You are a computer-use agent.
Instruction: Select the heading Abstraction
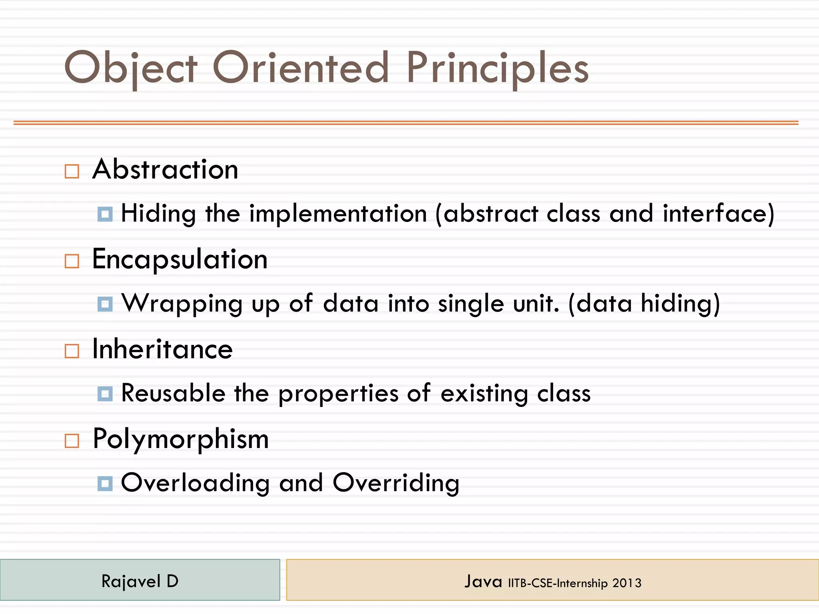click(165, 169)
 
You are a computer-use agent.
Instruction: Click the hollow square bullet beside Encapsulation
click(72, 261)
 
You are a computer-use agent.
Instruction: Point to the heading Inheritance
click(162, 349)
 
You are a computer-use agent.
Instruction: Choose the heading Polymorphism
click(180, 439)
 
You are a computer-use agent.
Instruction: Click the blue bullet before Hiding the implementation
click(105, 214)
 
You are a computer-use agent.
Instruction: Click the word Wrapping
click(182, 304)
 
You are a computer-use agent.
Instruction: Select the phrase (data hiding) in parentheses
click(644, 304)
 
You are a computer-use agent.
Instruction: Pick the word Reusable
click(173, 393)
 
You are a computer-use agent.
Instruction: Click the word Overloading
click(195, 483)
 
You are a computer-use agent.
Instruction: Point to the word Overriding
click(396, 483)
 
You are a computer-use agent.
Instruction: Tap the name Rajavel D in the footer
click(140, 581)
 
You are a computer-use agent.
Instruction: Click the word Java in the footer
click(483, 581)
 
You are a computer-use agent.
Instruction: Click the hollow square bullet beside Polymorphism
click(72, 441)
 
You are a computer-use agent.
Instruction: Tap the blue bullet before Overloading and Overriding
click(105, 484)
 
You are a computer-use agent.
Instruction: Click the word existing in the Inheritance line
click(484, 393)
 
